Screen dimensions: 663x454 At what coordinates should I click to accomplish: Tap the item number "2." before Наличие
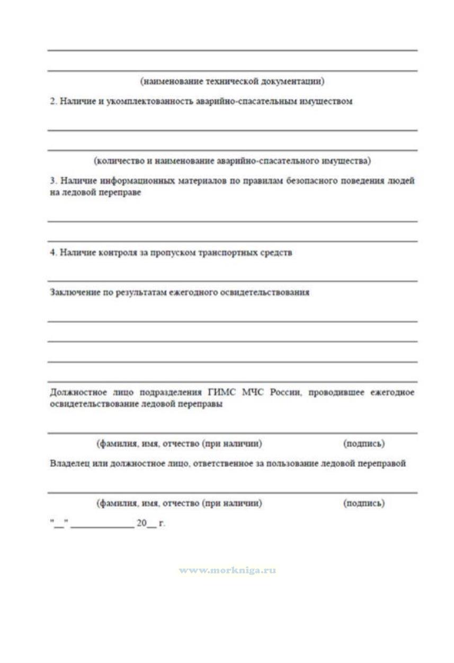[x=54, y=101]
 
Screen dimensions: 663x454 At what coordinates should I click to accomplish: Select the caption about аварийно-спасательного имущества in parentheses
[x=232, y=160]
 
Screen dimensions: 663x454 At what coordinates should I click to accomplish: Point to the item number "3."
[x=54, y=181]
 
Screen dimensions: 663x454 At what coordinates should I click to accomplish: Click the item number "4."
[x=54, y=252]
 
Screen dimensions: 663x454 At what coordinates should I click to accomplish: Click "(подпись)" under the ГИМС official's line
[x=364, y=443]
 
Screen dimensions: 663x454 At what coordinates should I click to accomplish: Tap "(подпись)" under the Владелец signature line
[x=364, y=503]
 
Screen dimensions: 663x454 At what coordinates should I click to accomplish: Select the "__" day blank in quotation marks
[x=59, y=524]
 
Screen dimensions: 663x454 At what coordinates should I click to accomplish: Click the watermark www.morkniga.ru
[x=227, y=571]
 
